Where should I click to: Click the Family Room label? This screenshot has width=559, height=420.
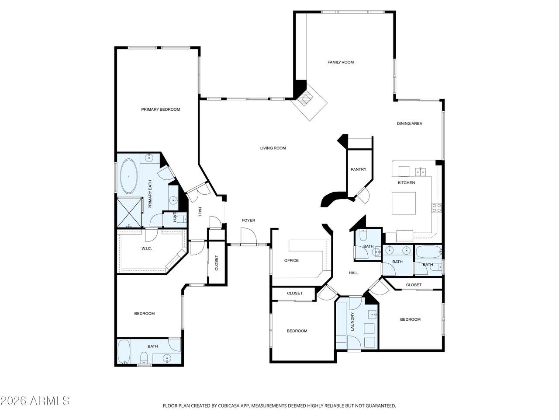tap(341, 62)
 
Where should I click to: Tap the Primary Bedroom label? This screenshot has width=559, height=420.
tap(160, 109)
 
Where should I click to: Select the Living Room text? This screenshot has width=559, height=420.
tap(273, 148)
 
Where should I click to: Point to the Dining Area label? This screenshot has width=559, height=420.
tap(409, 123)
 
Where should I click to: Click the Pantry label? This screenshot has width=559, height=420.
tap(358, 169)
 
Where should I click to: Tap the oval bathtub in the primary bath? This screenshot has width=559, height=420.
tap(129, 176)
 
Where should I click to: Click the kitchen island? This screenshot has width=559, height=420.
tap(404, 203)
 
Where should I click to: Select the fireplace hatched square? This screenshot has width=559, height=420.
tap(305, 98)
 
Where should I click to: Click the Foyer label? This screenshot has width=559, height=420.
tap(248, 220)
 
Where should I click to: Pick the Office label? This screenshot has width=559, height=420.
tap(291, 260)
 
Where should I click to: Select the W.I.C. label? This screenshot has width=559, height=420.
tap(146, 248)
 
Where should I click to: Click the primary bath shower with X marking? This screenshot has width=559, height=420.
tap(129, 212)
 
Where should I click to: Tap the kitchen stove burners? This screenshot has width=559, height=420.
tap(437, 207)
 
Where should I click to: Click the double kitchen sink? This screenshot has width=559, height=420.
tap(421, 172)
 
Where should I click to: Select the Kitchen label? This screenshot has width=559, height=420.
tap(406, 182)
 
